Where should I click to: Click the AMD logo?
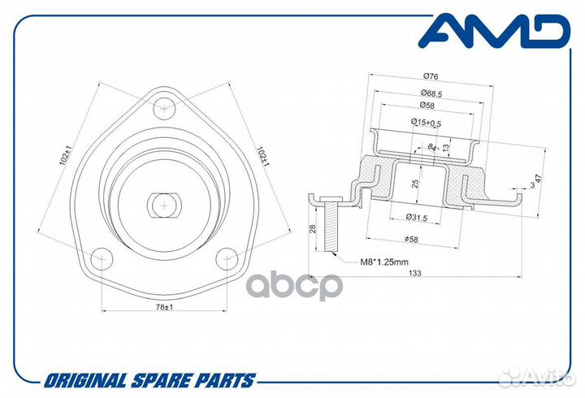tap(494, 31)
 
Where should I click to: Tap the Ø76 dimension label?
tap(431, 76)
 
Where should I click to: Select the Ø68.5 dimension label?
tap(431, 93)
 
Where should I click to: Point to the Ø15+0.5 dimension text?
tap(426, 122)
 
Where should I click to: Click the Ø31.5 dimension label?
tap(416, 217)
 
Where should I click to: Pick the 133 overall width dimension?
tap(414, 273)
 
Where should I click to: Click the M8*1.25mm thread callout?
tap(384, 262)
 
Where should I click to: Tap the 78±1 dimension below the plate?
tap(164, 307)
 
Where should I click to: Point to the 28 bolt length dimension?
tap(313, 229)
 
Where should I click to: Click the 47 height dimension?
tap(539, 179)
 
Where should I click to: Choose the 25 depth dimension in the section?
tap(416, 184)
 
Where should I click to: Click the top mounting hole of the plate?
tap(164, 108)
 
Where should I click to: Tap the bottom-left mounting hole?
tap(102, 258)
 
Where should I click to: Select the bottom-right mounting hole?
tap(227, 258)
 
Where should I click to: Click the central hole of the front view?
tap(164, 205)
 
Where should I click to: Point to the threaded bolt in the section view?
tap(331, 224)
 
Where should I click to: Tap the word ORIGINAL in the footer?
tap(85, 381)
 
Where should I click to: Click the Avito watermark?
tap(536, 378)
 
